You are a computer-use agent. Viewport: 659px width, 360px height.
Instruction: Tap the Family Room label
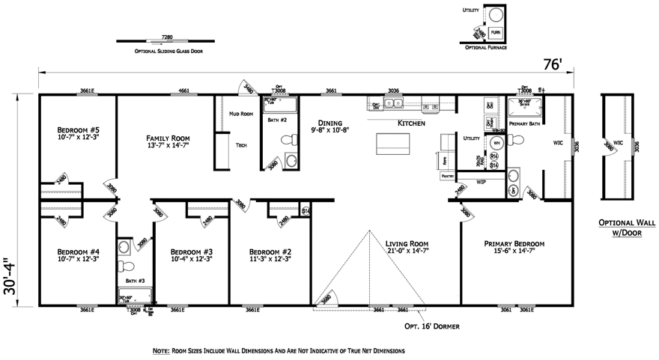[x=168, y=138]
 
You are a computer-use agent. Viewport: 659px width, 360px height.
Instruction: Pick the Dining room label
[x=329, y=123]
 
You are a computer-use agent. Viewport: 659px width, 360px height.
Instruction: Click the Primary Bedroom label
[x=514, y=243]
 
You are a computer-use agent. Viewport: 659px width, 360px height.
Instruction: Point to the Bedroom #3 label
[x=191, y=251]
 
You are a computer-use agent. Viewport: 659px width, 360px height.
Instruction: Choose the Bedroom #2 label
[x=270, y=251]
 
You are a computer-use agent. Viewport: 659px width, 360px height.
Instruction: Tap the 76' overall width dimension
[x=552, y=65]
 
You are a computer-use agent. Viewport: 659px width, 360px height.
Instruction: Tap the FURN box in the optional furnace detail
[x=496, y=32]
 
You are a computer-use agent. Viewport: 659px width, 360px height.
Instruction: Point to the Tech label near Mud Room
[x=241, y=145]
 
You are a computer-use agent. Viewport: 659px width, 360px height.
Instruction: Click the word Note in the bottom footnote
[x=161, y=350]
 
